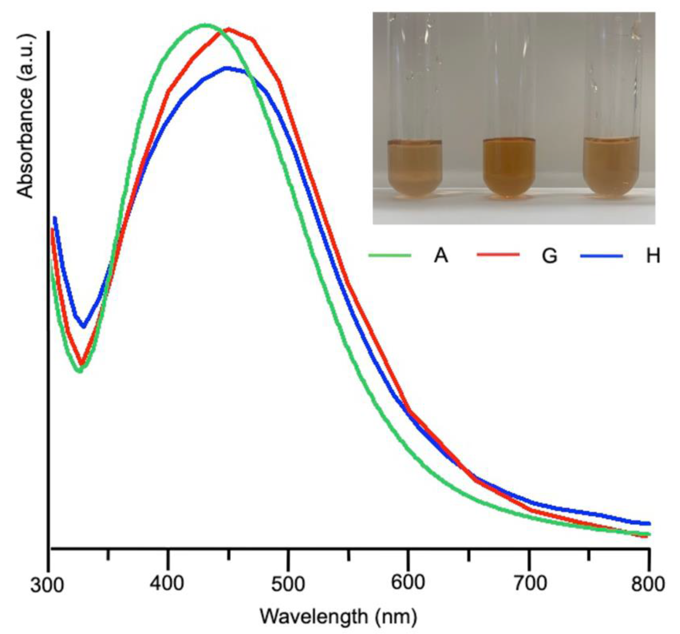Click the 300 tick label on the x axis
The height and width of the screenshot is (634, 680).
pyautogui.click(x=47, y=586)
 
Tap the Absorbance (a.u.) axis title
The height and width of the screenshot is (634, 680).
pyautogui.click(x=26, y=116)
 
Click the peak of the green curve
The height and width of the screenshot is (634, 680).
pyautogui.click(x=205, y=25)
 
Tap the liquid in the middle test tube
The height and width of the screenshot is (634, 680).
pyautogui.click(x=509, y=168)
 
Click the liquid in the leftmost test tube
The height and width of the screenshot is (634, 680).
pyautogui.click(x=415, y=169)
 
